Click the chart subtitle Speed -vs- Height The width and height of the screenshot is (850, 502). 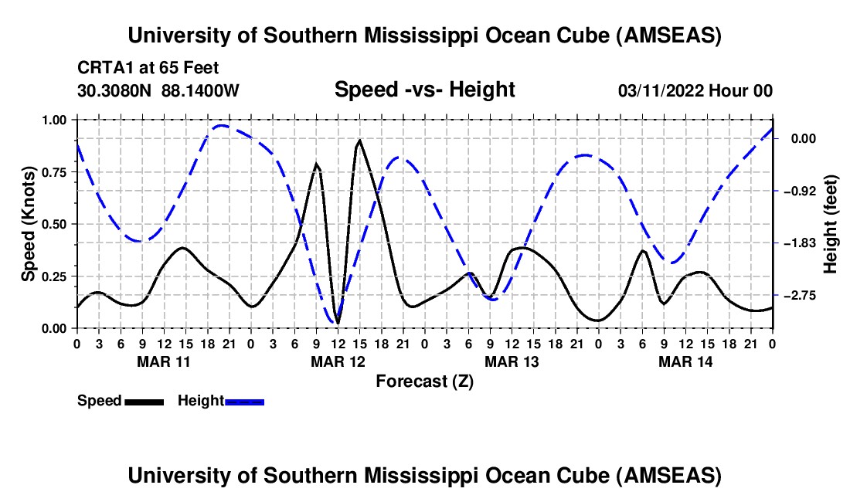click(424, 90)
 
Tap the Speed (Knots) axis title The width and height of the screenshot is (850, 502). click(29, 223)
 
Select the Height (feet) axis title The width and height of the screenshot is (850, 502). click(831, 223)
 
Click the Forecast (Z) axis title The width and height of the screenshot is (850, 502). click(424, 381)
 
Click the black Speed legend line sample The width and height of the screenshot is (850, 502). click(143, 401)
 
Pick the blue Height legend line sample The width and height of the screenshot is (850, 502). click(244, 401)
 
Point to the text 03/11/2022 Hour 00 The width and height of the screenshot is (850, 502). click(695, 91)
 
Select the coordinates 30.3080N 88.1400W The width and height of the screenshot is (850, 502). click(158, 91)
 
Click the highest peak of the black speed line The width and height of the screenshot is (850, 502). click(359, 141)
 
